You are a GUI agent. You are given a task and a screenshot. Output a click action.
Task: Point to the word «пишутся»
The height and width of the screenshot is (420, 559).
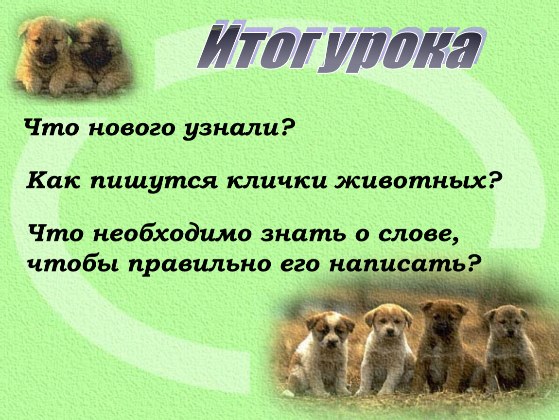tap(154, 182)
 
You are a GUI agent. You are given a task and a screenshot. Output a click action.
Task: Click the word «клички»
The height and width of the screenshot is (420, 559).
tap(277, 181)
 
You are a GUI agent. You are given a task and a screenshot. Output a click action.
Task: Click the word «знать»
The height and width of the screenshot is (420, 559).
tap(303, 235)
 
